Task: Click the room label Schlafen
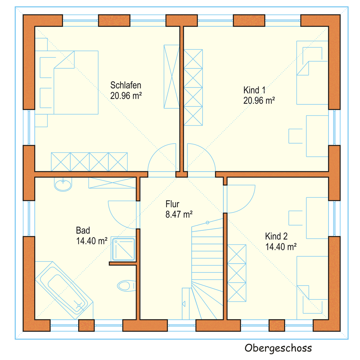(x=126, y=85)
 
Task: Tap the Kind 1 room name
(x=254, y=90)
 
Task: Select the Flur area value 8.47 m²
(x=179, y=214)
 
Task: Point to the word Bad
(x=83, y=230)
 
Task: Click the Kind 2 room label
(x=276, y=236)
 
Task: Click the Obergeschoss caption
(x=278, y=348)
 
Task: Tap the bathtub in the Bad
(x=64, y=290)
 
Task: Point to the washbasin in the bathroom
(x=63, y=184)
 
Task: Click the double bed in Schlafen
(x=69, y=83)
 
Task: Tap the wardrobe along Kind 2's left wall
(x=237, y=273)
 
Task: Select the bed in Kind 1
(x=312, y=73)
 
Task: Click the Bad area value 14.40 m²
(x=92, y=241)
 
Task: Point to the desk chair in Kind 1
(x=296, y=136)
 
